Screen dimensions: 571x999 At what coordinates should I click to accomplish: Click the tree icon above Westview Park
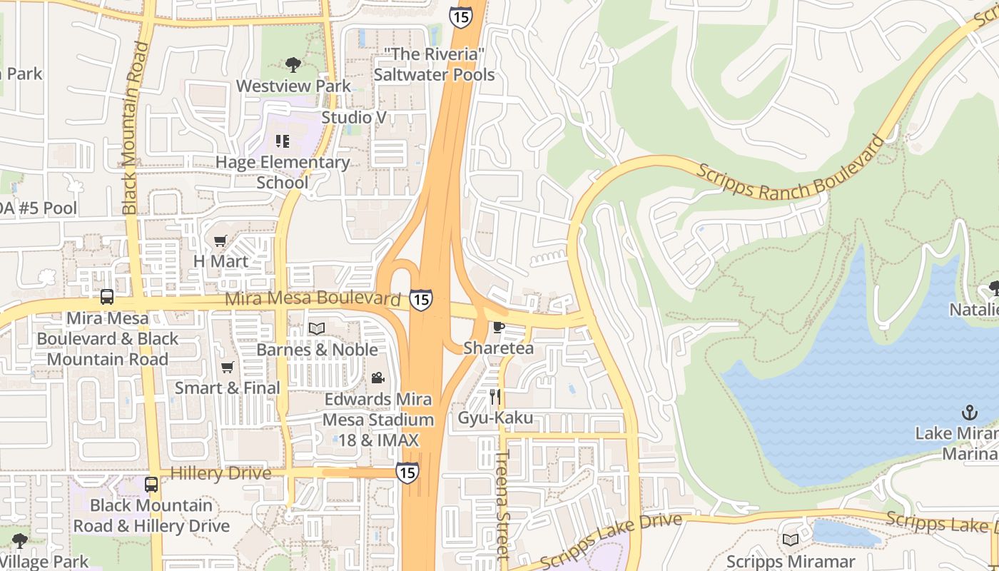click(x=293, y=65)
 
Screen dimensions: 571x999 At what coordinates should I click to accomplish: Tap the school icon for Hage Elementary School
click(x=282, y=141)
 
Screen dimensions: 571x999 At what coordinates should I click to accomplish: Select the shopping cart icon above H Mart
click(x=220, y=241)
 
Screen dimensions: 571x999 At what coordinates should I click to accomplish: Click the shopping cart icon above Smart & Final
click(x=227, y=367)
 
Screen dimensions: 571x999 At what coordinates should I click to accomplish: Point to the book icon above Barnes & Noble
click(x=316, y=328)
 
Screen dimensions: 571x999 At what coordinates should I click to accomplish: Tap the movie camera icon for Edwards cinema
click(x=377, y=378)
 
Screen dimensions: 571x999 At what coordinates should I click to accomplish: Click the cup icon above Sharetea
click(x=498, y=327)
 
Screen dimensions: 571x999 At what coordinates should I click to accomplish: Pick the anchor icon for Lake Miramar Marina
click(x=968, y=412)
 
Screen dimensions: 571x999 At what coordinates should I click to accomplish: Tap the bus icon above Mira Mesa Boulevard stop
click(x=107, y=297)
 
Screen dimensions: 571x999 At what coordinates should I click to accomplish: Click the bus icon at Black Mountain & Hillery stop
click(x=151, y=485)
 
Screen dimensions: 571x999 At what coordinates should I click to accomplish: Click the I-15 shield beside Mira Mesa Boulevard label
click(x=421, y=299)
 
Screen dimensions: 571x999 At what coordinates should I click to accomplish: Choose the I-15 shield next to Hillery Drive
click(x=407, y=472)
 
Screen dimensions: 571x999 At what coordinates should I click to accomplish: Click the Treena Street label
click(x=502, y=503)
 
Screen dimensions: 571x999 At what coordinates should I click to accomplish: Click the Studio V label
click(x=354, y=117)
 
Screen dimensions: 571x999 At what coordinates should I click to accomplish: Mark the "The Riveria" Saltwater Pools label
click(x=434, y=64)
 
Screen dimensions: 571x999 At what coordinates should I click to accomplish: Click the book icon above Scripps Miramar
click(x=790, y=540)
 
